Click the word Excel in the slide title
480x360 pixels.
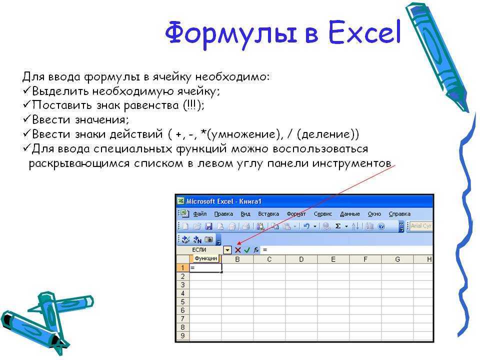click(x=364, y=32)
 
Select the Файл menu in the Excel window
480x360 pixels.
click(x=199, y=214)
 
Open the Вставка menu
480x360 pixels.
click(x=268, y=214)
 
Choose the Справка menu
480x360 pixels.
click(x=399, y=214)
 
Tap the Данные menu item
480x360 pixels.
click(x=350, y=214)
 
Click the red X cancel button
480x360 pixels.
click(x=238, y=250)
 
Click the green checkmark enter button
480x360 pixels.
click(x=247, y=250)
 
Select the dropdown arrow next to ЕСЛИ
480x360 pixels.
click(x=227, y=250)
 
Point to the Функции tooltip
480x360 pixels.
click(x=206, y=258)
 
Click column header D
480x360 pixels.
click(x=301, y=259)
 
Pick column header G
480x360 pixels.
click(x=397, y=259)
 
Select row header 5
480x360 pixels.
click(x=183, y=301)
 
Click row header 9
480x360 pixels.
click(x=183, y=335)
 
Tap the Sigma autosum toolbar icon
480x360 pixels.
click(x=338, y=226)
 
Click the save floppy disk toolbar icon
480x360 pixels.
click(x=209, y=226)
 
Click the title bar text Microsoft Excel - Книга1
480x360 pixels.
click(x=224, y=201)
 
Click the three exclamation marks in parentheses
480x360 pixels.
click(x=191, y=105)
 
